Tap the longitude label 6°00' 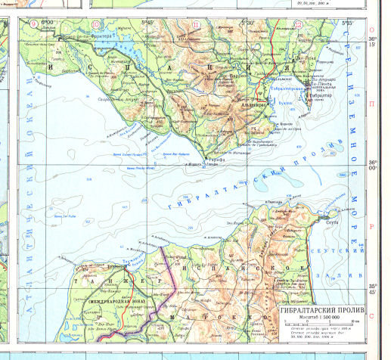tap(48, 22)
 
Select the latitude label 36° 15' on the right tap(372, 42)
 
